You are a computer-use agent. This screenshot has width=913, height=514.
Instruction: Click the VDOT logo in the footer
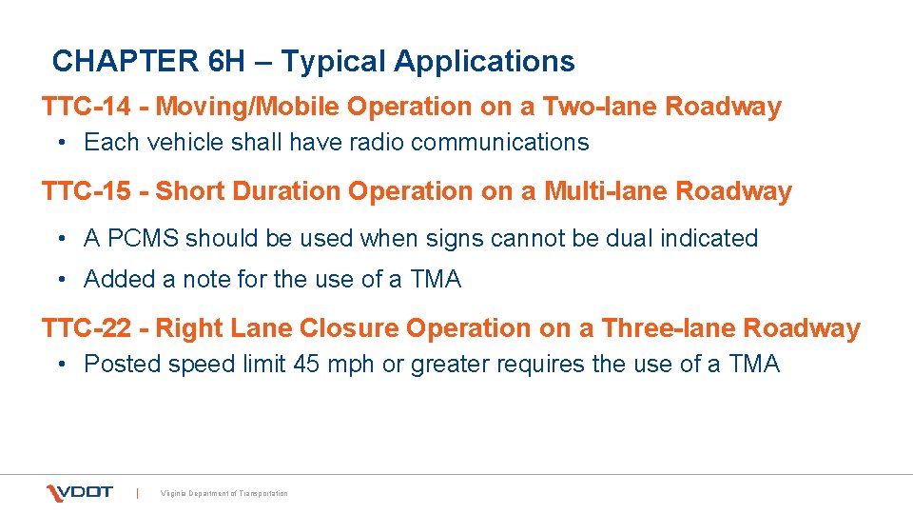[80, 492]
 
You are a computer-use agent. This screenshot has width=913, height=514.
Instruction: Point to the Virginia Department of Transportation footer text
[224, 493]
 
